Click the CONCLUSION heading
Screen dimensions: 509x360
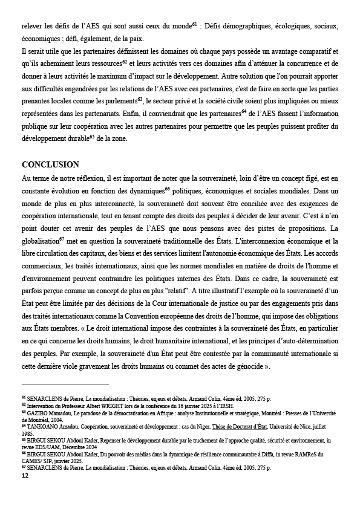[x=50, y=164]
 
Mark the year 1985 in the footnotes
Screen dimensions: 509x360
[x=28, y=433]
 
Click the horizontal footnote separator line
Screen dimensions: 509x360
[x=65, y=384]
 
